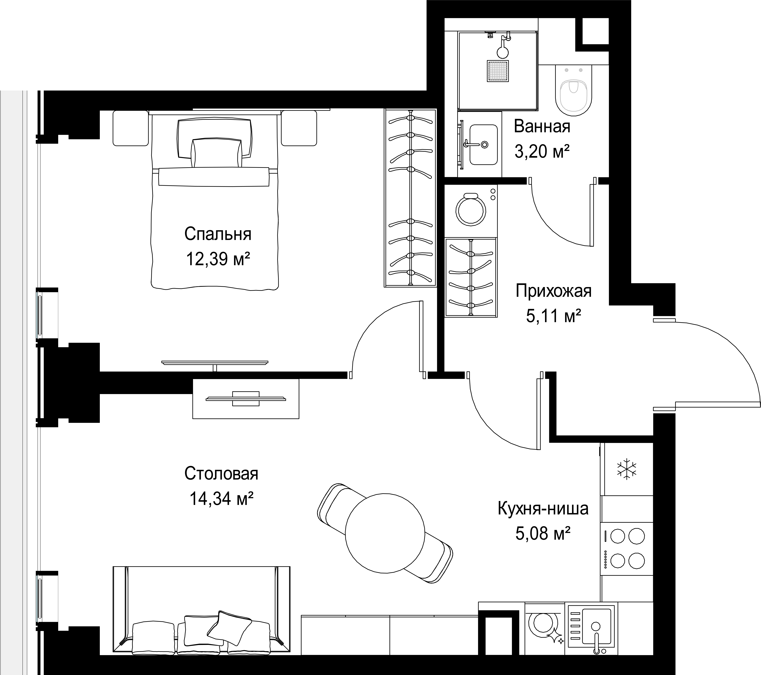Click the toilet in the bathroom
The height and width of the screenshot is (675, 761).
[573, 89]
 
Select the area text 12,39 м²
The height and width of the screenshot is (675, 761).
[218, 258]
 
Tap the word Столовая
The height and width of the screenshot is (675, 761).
[221, 474]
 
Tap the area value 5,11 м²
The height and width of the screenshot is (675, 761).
[554, 316]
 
